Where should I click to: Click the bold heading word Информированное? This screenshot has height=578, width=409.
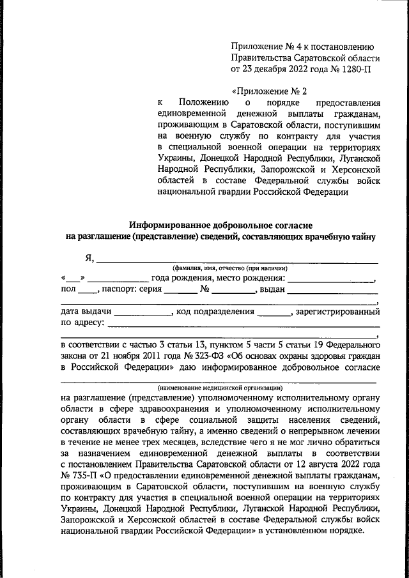click(173, 225)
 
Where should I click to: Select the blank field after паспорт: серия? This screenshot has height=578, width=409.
click(180, 290)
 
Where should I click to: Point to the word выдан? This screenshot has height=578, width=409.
click(271, 290)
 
